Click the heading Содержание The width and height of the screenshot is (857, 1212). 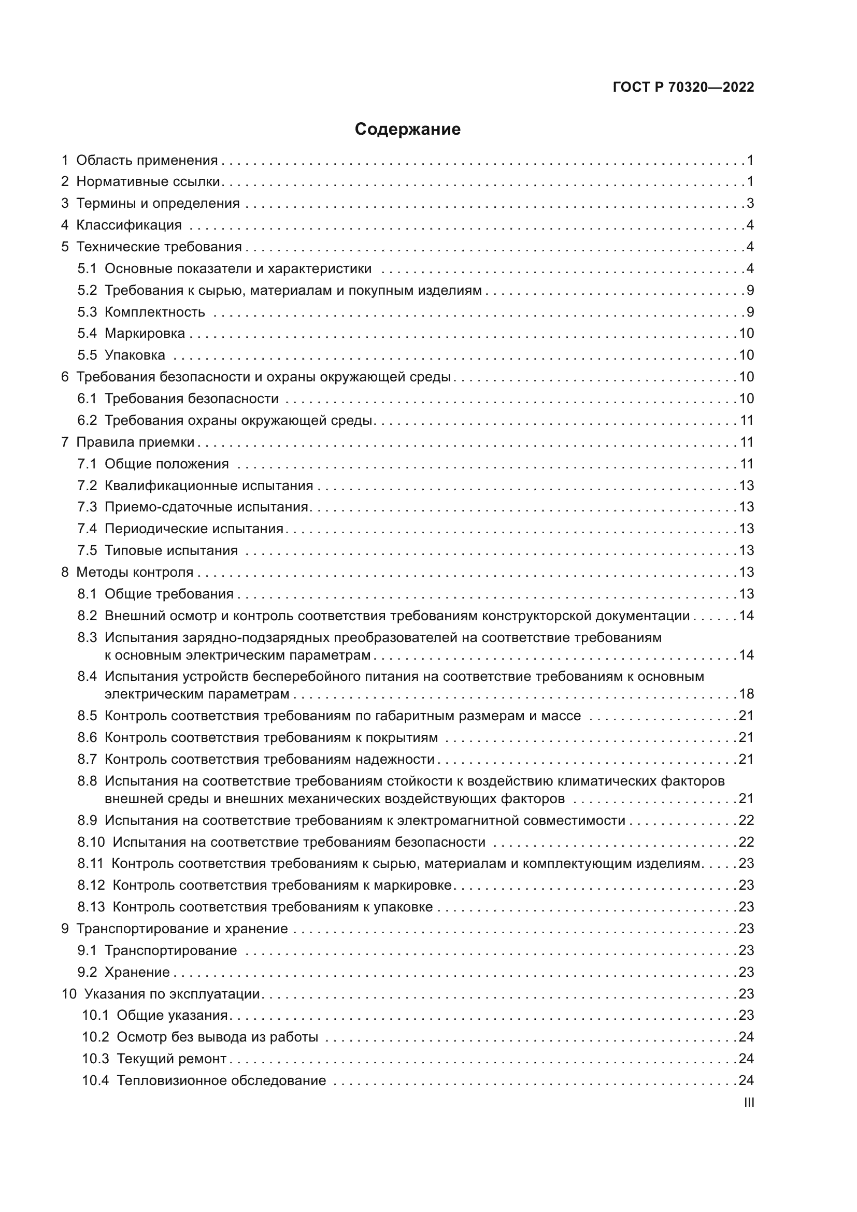click(407, 130)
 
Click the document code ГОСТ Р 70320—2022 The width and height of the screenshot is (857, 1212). click(683, 88)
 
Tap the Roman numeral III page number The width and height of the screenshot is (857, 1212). click(748, 1103)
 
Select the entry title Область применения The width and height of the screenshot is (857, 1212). click(147, 161)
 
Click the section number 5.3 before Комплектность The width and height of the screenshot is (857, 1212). click(87, 312)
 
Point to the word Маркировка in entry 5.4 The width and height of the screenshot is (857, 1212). click(145, 334)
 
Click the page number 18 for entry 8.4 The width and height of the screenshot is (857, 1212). click(746, 694)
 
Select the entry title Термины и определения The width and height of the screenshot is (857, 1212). click(158, 204)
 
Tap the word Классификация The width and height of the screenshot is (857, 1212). click(129, 225)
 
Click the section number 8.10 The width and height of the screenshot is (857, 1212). click(91, 842)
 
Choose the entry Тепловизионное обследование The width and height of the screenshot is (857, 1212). click(221, 1080)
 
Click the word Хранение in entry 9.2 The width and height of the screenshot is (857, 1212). click(137, 972)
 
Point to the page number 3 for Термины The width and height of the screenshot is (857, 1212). click(750, 204)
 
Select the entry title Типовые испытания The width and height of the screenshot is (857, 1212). click(171, 551)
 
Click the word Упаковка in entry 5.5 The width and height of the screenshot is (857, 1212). click(135, 355)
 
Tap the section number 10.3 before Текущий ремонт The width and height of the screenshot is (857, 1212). click(95, 1059)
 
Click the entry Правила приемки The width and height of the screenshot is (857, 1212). click(135, 443)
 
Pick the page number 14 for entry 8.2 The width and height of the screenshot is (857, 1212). click(746, 616)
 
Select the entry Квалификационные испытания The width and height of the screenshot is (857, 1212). click(208, 486)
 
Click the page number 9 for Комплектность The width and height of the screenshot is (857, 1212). click(750, 312)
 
